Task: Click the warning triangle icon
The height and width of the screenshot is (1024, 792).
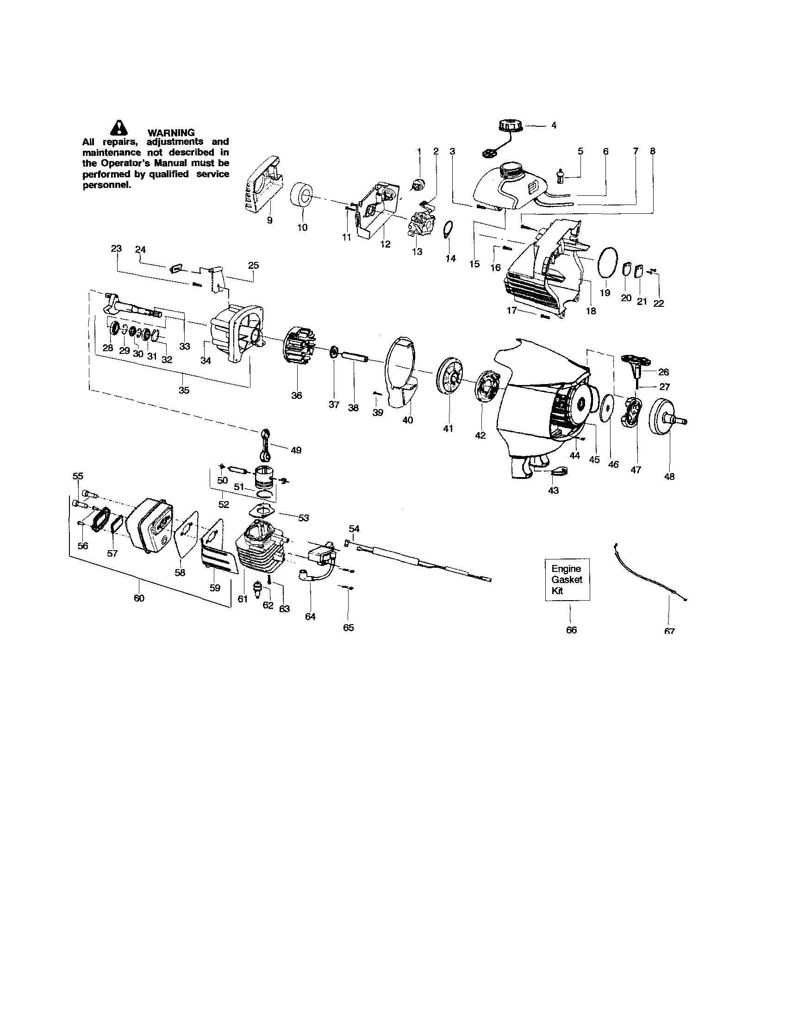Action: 119,128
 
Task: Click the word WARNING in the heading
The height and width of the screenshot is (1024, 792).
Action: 171,133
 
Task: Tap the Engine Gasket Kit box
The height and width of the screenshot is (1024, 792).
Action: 567,579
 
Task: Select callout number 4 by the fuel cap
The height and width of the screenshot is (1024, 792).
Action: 554,126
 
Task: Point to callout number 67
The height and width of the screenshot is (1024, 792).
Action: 669,631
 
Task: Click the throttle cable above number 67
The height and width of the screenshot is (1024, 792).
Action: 649,572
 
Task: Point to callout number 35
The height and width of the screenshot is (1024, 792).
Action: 184,390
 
